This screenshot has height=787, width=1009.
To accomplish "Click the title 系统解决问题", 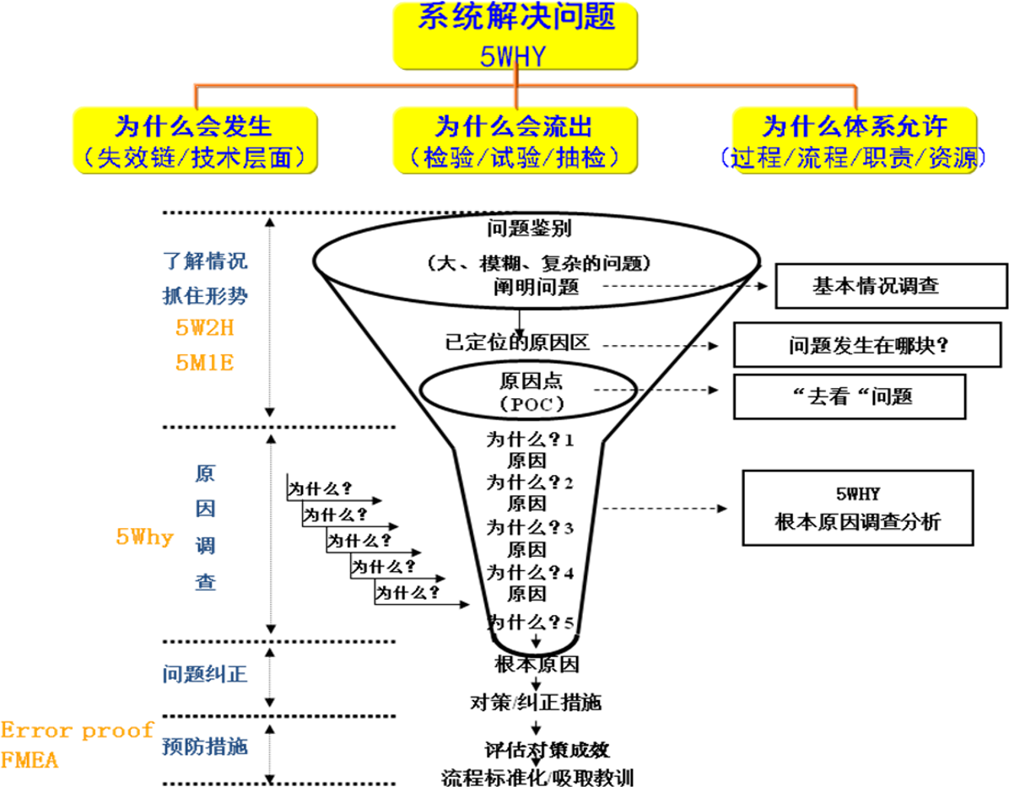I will click(x=515, y=17).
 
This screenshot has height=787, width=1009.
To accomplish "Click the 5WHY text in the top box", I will click(x=513, y=56).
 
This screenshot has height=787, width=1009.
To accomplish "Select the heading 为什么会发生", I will click(x=194, y=127).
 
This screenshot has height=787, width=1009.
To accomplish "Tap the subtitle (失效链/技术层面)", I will click(x=194, y=158).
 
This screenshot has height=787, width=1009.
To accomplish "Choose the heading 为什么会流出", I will click(x=514, y=127).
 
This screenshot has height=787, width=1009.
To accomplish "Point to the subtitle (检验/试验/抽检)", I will click(x=514, y=158).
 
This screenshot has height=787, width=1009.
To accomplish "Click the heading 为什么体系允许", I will click(x=855, y=127).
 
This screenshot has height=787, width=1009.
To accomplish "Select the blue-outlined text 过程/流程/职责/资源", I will click(x=854, y=158).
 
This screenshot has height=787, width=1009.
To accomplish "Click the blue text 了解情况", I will click(x=205, y=261).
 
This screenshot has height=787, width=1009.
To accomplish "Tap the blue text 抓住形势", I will click(x=205, y=296).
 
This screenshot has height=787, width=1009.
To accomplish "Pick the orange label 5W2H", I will click(x=205, y=328).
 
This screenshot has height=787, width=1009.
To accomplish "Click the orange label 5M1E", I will click(x=205, y=363).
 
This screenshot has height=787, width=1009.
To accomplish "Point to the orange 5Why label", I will click(x=144, y=537).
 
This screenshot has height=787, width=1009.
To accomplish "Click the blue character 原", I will click(x=205, y=473).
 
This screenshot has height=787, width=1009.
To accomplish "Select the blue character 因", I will click(x=205, y=509).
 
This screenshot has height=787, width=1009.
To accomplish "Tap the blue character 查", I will click(x=205, y=582).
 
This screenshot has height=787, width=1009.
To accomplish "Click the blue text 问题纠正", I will click(x=205, y=674).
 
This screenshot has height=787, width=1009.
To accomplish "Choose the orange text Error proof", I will click(x=77, y=730).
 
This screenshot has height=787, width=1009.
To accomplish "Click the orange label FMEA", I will click(x=30, y=760).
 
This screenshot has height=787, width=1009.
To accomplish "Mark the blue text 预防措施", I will click(x=205, y=747).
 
